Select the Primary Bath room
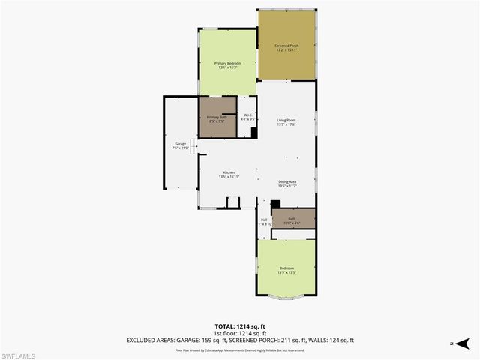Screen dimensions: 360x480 [x=217, y=118]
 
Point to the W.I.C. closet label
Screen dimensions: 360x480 [x=248, y=115]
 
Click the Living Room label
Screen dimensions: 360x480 [x=286, y=120]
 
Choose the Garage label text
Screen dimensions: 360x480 [x=181, y=143]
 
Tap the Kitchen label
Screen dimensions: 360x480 [x=229, y=172]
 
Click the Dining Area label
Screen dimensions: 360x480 [x=288, y=181]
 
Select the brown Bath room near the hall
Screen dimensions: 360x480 [x=292, y=219]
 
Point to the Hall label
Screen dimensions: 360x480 [x=264, y=220]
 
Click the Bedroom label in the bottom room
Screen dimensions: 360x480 [x=287, y=268]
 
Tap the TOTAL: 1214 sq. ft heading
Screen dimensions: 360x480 [x=240, y=327]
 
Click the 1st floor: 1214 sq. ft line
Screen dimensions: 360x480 [x=240, y=334]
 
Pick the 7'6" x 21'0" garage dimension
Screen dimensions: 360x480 [x=181, y=148]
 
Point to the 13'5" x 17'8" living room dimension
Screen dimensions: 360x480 [x=286, y=125]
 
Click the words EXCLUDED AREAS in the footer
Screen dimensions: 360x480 [x=148, y=340]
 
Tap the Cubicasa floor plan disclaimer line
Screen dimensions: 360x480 [x=240, y=350]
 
